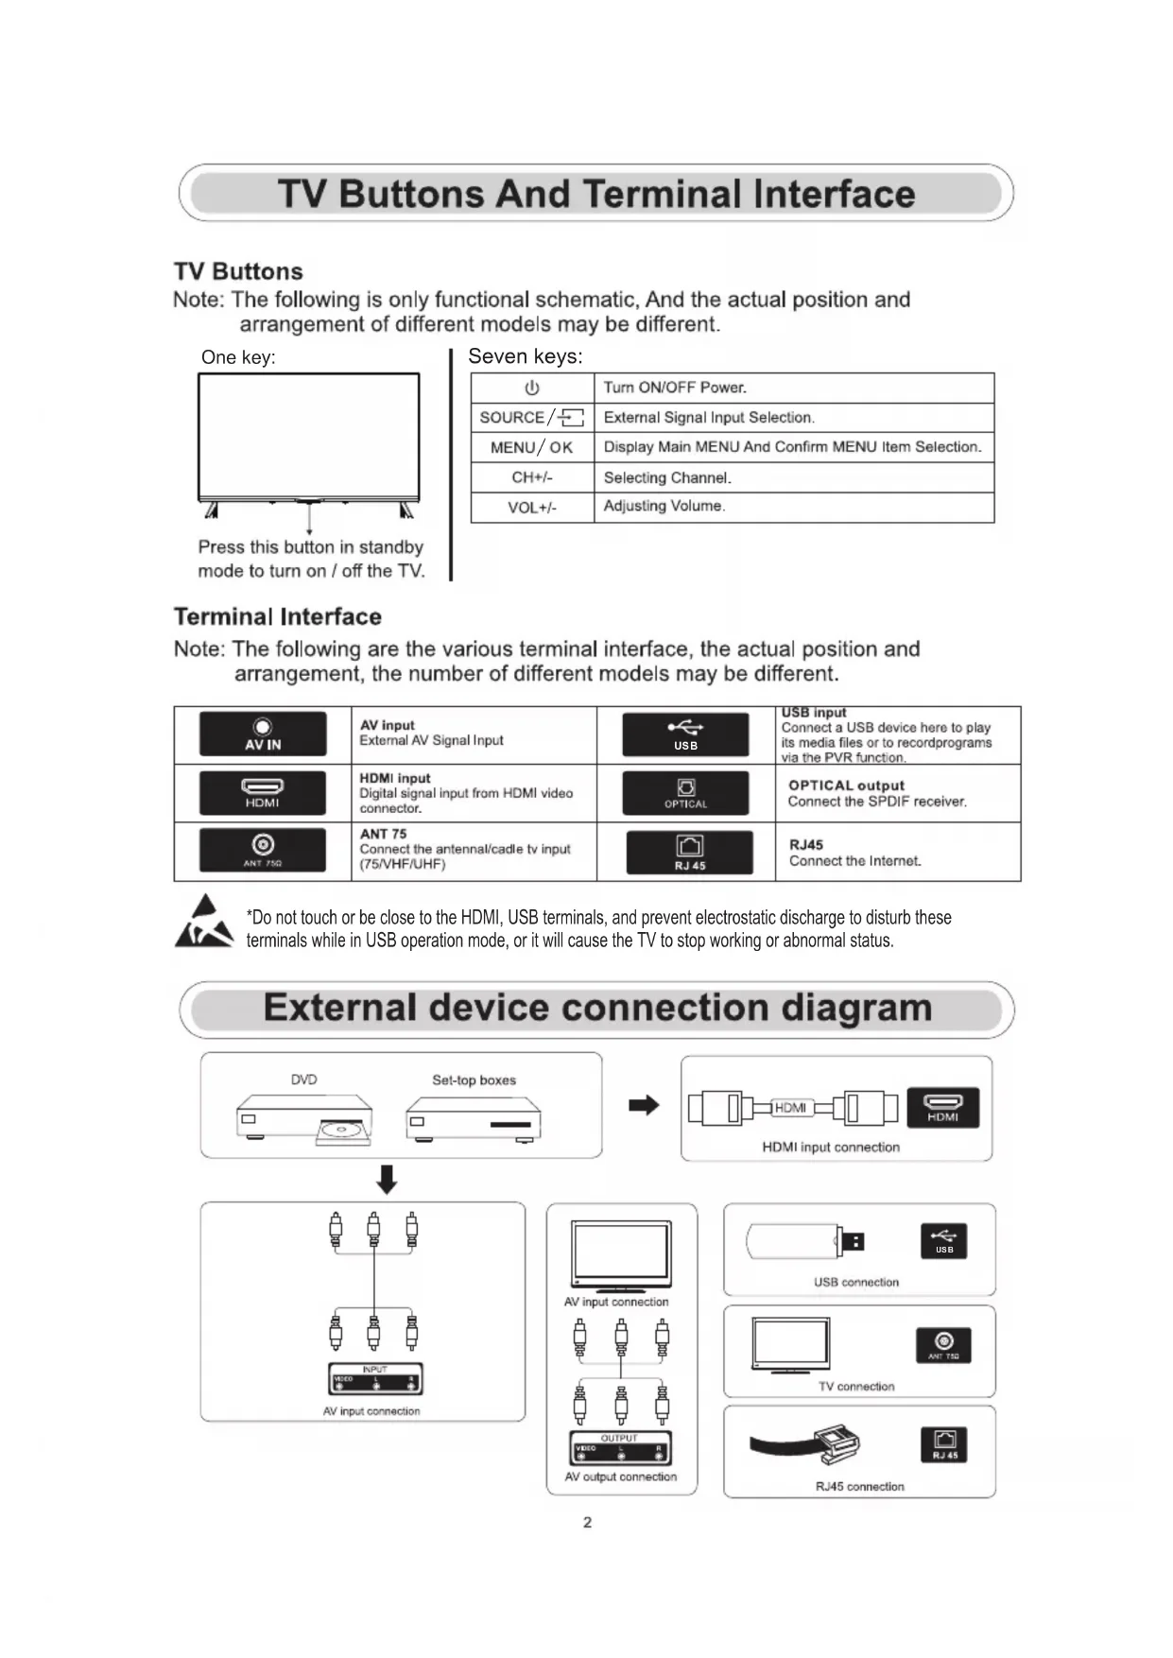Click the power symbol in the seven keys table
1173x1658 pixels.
coord(532,388)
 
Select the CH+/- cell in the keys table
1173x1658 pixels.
coord(532,477)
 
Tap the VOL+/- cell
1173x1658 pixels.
coord(532,508)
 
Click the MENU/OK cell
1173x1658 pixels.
coord(532,447)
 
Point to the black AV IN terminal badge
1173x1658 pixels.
coord(263,734)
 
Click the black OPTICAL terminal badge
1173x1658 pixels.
coord(685,793)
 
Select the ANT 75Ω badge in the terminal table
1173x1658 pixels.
coord(263,849)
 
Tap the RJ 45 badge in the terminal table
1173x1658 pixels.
coord(690,853)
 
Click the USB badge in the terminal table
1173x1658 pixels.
coord(685,734)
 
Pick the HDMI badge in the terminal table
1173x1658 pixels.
coord(263,792)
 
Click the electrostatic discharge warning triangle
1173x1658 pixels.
coord(204,923)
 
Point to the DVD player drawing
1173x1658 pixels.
coord(304,1118)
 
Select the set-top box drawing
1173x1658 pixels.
coord(474,1119)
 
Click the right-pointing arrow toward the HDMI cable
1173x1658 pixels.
coord(644,1105)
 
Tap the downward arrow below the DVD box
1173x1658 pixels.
coord(387,1179)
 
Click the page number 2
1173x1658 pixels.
coord(587,1522)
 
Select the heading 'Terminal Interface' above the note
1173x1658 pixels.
coord(278,617)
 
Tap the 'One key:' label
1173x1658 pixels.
coord(238,357)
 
